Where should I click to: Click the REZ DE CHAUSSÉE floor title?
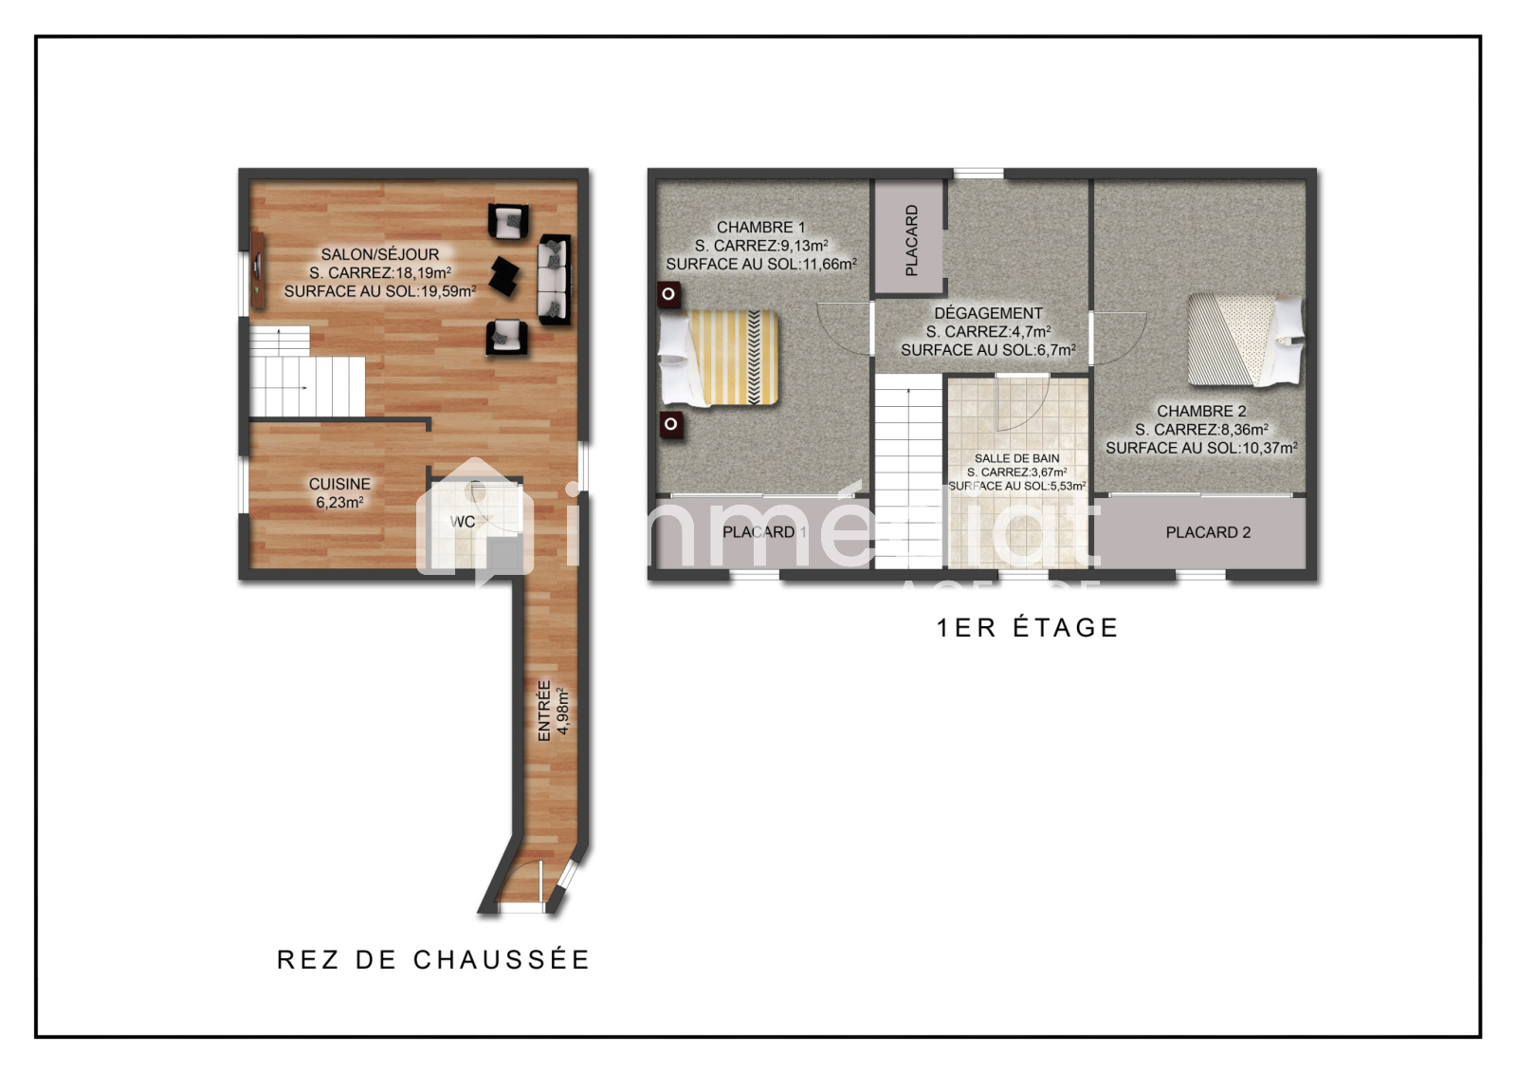pos(433,960)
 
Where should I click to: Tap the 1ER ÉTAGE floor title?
pos(1027,628)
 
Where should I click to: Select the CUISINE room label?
pos(339,484)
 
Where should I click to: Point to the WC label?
pos(463,522)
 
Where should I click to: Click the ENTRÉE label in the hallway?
pos(544,711)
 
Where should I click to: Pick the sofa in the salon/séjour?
pos(554,280)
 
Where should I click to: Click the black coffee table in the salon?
pos(504,276)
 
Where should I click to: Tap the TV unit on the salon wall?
pos(257,270)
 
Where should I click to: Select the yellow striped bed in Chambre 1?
pos(719,358)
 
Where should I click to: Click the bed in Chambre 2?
pos(1246,340)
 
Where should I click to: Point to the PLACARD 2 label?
pos(1208,533)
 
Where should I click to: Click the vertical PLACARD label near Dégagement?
pos(911,240)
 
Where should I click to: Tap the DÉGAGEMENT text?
pos(988,313)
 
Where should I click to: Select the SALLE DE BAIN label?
pos(1016,458)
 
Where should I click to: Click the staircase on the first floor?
pos(909,472)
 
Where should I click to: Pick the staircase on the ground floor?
pos(306,372)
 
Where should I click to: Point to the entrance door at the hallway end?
pos(521,884)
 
